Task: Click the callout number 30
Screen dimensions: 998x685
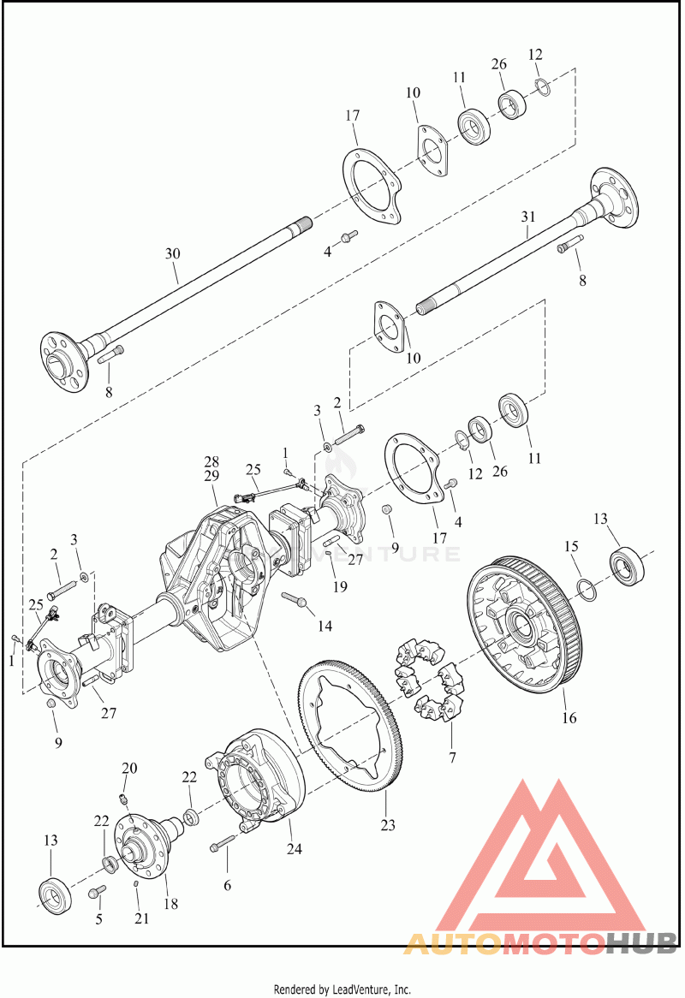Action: tap(173, 253)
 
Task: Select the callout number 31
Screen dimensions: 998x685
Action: tap(527, 217)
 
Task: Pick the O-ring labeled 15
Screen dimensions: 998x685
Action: tap(585, 588)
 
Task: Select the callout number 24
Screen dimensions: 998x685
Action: tap(295, 849)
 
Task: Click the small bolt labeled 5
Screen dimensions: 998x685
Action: tap(96, 894)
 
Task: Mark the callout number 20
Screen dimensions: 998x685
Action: tap(128, 768)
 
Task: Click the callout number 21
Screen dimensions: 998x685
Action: tap(141, 918)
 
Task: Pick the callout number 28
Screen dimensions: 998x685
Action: tap(211, 461)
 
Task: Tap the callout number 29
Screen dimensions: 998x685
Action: tap(211, 475)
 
